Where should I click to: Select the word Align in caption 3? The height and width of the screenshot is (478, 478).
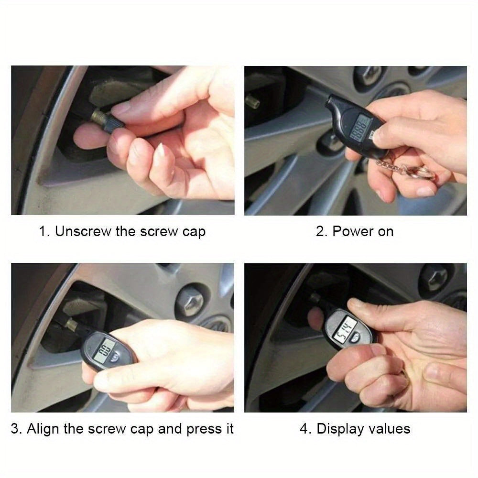[x=44, y=428]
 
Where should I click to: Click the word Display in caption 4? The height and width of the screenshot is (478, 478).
[x=339, y=428]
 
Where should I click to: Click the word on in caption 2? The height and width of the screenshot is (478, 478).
[x=386, y=232]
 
